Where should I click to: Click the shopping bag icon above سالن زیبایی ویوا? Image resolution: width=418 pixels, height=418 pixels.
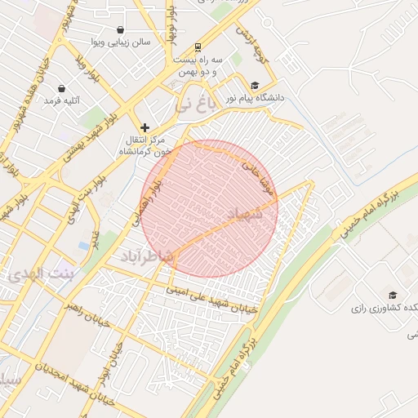(121, 30)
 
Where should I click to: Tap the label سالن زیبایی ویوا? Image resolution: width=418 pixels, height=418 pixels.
(122, 42)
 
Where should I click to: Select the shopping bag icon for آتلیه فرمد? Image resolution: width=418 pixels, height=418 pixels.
(62, 89)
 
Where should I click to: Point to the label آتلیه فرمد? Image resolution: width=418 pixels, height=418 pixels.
(63, 101)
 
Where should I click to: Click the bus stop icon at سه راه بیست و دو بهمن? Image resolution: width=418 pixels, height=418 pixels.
(198, 47)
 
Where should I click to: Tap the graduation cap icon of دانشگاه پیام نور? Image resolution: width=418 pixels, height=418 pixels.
(255, 85)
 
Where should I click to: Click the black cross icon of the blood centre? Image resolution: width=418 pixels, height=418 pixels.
(145, 127)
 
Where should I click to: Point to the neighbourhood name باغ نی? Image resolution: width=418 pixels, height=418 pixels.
(198, 104)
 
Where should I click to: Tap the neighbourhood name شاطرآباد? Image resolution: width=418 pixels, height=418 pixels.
(148, 257)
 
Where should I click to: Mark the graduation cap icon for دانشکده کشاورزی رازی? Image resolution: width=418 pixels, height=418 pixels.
(393, 295)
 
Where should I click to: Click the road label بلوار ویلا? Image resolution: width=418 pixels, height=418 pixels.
(87, 69)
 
